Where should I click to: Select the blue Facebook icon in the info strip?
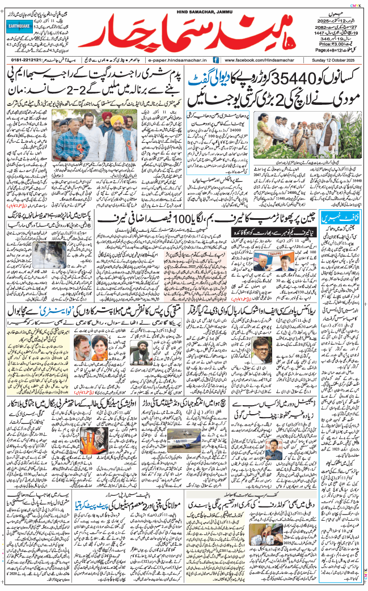(x=216, y=59)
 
